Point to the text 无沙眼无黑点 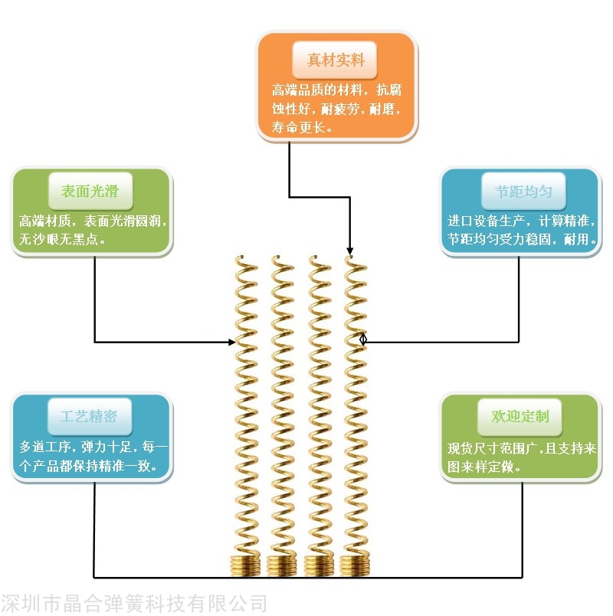pos(62,240)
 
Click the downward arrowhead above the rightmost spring pos(350,251)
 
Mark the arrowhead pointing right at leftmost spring pos(231,342)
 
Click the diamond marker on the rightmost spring pos(363,339)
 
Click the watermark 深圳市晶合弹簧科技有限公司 pos(134,603)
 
